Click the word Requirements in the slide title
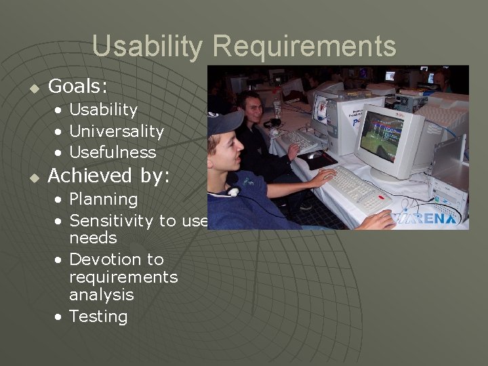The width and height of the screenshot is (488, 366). point(304,47)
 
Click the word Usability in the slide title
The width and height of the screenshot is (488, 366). point(147,47)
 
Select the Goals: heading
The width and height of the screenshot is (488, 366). point(78,86)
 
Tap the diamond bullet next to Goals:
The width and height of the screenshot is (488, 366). point(33,87)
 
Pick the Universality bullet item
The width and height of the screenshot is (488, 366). point(117,131)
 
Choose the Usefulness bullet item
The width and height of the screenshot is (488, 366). point(113,152)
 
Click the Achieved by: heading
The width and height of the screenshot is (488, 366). point(108,176)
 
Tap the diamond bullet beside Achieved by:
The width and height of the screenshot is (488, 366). point(33,177)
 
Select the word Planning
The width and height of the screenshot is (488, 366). point(103,199)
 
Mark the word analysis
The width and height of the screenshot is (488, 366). point(102,295)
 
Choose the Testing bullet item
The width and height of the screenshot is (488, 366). point(98,317)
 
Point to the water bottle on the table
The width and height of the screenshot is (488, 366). point(277,108)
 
